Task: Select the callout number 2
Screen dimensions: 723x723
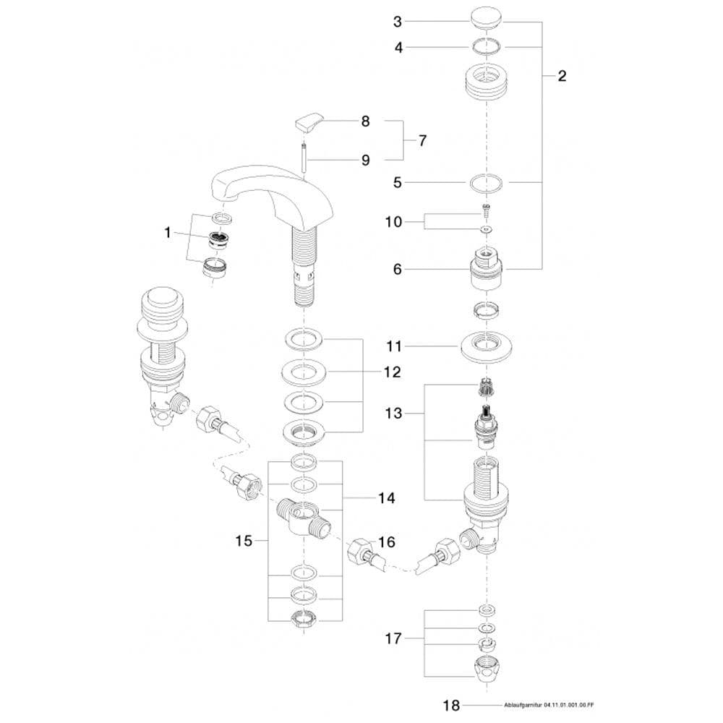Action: click(x=562, y=76)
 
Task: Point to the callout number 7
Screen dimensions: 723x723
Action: click(x=422, y=140)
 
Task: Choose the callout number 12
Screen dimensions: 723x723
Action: click(x=393, y=372)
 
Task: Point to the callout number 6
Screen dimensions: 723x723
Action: click(x=397, y=269)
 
